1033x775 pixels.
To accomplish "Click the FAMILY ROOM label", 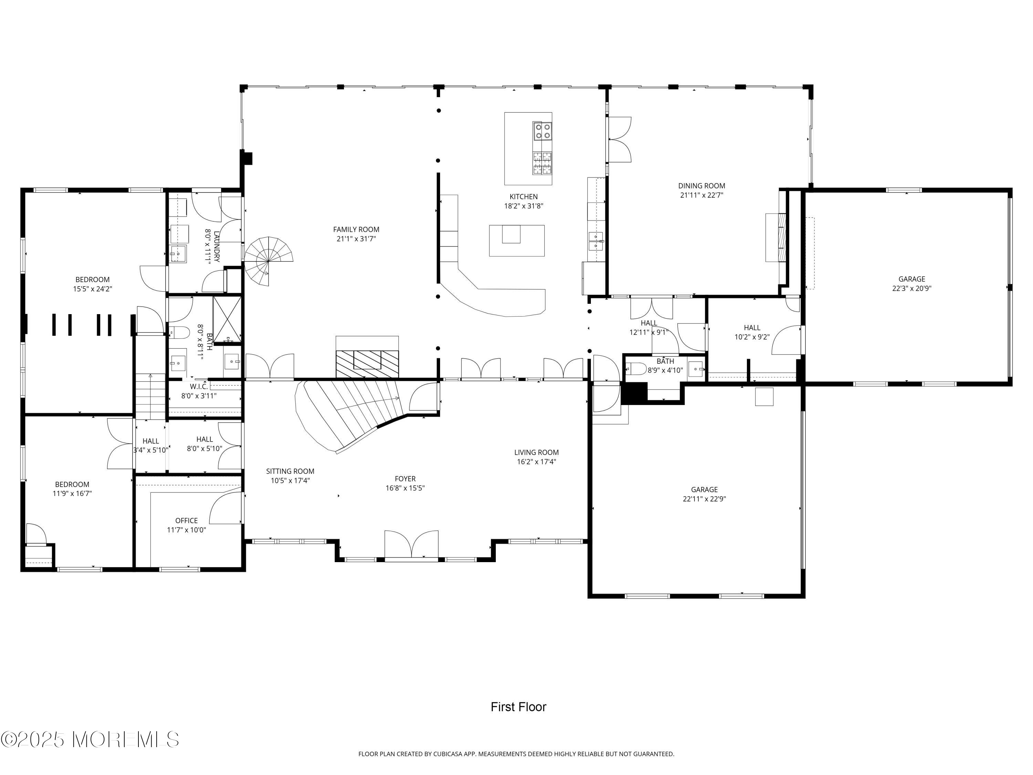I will tap(356, 229).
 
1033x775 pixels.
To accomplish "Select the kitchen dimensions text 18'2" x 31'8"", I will tap(523, 206).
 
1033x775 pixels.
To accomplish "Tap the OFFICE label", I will tap(186, 520).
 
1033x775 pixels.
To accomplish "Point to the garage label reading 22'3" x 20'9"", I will tap(911, 289).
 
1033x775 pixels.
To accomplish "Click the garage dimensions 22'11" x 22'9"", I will tap(704, 499).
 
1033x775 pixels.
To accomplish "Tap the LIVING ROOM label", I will tap(536, 452).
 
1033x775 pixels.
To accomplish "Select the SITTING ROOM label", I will tap(290, 471).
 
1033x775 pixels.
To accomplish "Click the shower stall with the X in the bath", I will tap(227, 318).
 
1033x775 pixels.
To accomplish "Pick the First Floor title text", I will tap(518, 707).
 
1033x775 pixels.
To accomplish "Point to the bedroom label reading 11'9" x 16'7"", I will tap(72, 493).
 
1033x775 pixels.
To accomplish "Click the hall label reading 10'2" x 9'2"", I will tap(752, 337).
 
